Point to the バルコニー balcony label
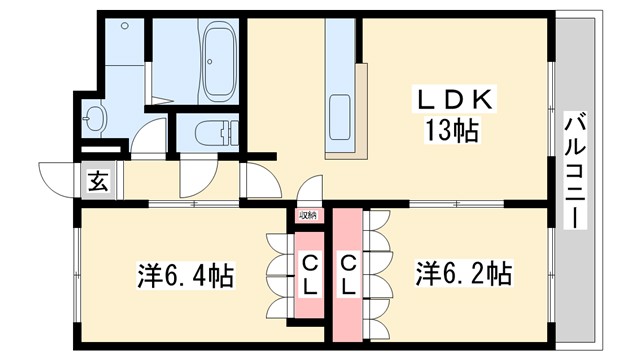pos(575,169)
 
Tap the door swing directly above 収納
pos(309,190)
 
